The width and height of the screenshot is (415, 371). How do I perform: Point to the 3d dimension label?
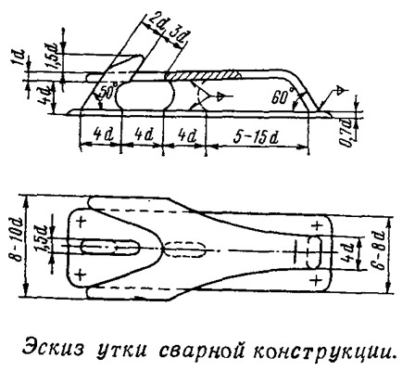179,35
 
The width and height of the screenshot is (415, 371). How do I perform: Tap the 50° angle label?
108,92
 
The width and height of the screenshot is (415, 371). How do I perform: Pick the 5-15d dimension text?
256,136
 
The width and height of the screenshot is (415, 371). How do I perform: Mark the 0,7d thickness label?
347,133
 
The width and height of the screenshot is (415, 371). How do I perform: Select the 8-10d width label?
19,243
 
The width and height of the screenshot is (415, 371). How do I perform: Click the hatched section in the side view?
202,75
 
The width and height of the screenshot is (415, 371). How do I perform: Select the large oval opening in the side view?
145,96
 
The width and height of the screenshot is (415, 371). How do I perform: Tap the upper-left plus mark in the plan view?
81,222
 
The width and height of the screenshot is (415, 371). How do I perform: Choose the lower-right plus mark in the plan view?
316,280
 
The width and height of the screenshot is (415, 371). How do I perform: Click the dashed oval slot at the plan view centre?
184,249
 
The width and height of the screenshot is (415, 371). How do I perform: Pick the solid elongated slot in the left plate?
110,248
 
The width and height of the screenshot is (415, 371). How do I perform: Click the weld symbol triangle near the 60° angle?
341,91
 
